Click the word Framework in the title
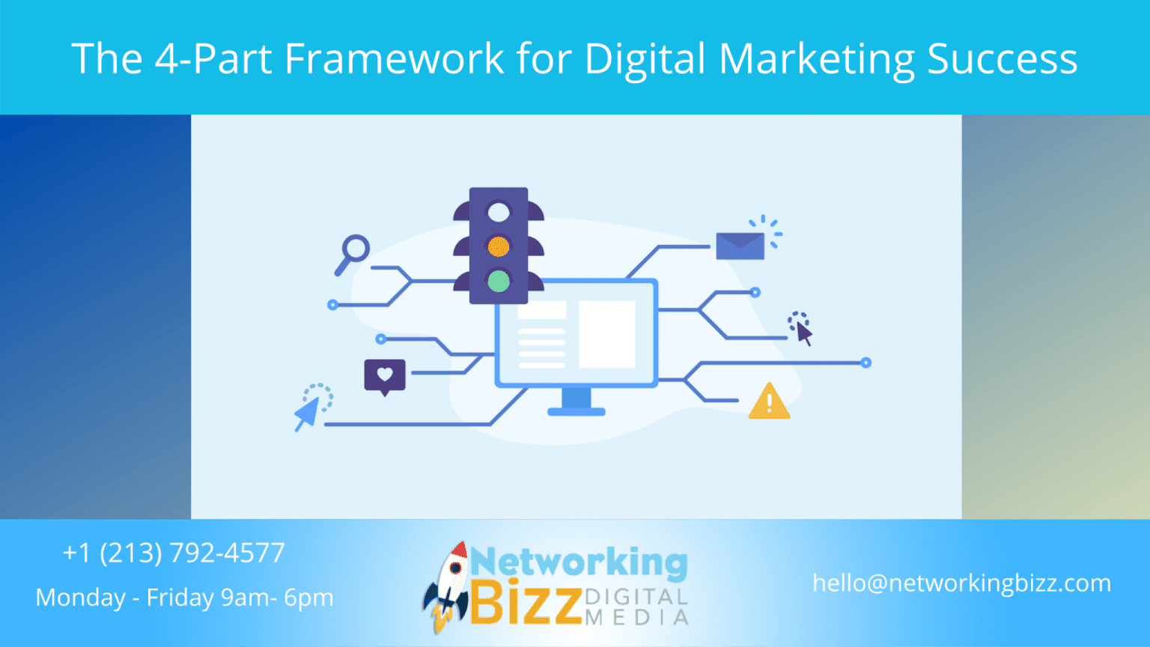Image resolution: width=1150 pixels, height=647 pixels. click(x=395, y=58)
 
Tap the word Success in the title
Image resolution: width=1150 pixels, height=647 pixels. click(x=1002, y=58)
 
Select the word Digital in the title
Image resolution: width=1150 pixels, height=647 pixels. click(x=645, y=58)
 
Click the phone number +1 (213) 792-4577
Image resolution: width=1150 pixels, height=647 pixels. click(x=174, y=553)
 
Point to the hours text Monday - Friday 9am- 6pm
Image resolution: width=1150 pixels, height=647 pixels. click(x=184, y=598)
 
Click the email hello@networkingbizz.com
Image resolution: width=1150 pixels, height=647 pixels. click(x=961, y=583)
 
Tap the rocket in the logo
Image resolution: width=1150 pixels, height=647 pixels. click(x=447, y=586)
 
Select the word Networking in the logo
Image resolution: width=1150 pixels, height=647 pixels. click(x=579, y=562)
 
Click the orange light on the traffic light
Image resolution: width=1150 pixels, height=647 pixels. click(x=499, y=246)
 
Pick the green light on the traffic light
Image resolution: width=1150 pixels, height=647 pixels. click(x=499, y=281)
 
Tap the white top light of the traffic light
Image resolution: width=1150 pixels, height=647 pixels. click(x=499, y=212)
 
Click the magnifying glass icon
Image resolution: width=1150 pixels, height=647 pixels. click(x=353, y=252)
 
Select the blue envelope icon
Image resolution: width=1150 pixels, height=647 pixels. click(x=740, y=246)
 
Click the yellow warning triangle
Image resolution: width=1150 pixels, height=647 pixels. click(x=769, y=401)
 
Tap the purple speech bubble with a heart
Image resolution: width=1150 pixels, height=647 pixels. click(x=385, y=376)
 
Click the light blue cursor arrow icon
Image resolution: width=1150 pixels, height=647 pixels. click(x=308, y=413)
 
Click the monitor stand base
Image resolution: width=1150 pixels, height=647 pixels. click(x=576, y=410)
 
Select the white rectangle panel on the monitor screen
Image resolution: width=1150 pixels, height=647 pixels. click(x=606, y=333)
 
